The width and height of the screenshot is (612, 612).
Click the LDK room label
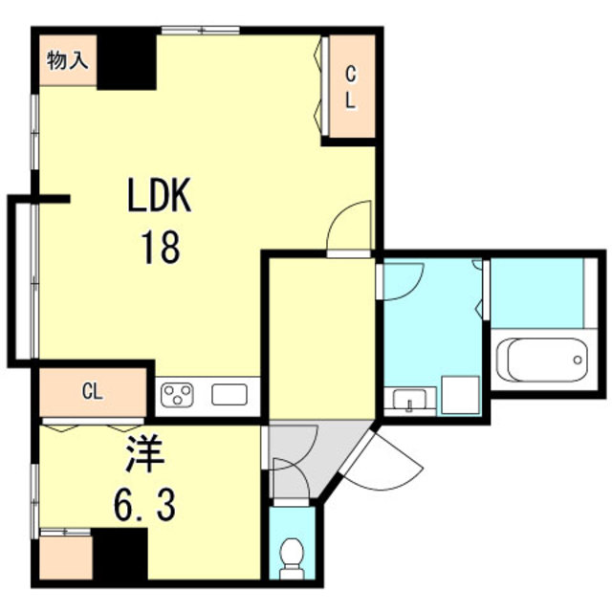[x=160, y=195]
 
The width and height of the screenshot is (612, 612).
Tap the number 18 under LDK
[x=161, y=247]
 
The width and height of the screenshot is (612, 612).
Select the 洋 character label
[x=143, y=454]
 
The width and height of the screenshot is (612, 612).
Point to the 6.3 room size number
[x=144, y=504]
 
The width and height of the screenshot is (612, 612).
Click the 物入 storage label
[x=68, y=60]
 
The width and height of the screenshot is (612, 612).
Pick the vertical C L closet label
[x=351, y=87]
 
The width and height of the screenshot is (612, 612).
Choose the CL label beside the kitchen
[x=93, y=391]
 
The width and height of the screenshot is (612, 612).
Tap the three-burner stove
[x=178, y=394]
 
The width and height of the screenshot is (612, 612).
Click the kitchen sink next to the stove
[x=229, y=394]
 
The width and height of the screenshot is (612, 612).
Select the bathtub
[x=542, y=360]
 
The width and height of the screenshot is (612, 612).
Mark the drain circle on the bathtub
[x=578, y=360]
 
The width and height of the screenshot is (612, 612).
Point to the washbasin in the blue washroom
[x=409, y=400]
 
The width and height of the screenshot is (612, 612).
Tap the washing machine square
[x=460, y=395]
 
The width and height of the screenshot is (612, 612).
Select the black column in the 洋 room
[x=120, y=554]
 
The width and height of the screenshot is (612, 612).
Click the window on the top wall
[x=201, y=30]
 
